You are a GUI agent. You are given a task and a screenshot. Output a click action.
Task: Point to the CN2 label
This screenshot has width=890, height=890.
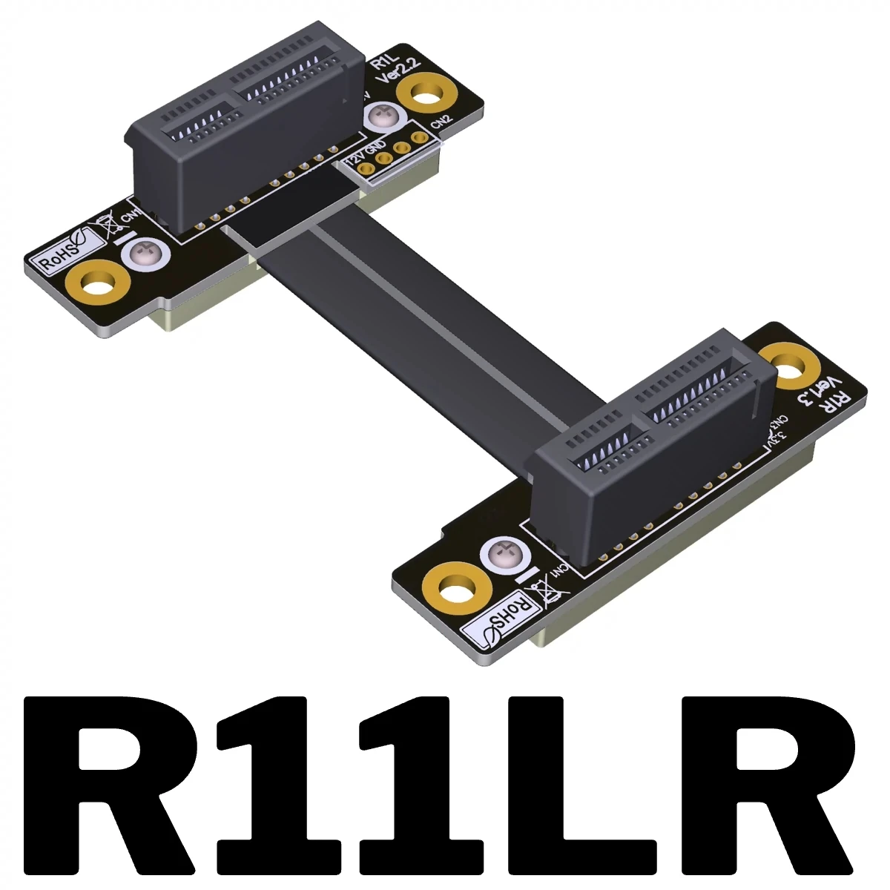pyautogui.click(x=441, y=121)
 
